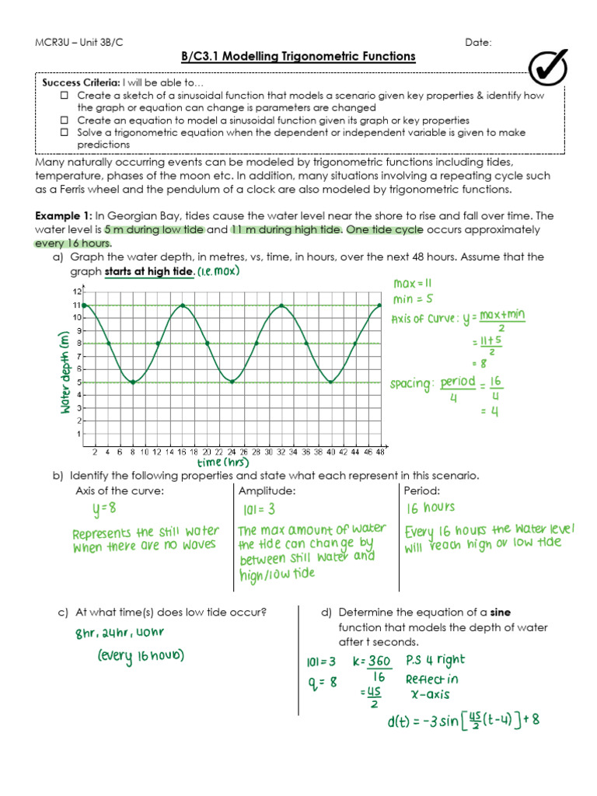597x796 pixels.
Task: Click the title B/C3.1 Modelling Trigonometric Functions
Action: coord(298,57)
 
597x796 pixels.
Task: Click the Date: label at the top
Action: coord(478,42)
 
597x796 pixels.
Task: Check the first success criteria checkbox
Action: coord(65,96)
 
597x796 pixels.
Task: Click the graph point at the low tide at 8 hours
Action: coord(133,382)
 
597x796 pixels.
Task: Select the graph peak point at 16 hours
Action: coord(183,305)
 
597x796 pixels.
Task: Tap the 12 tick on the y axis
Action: coord(77,292)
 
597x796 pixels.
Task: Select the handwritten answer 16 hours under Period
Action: coord(430,508)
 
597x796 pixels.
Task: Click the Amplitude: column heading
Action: coord(267,491)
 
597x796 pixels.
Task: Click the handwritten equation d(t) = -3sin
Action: coord(463,721)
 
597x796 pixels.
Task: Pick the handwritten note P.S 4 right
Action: coord(435,660)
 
